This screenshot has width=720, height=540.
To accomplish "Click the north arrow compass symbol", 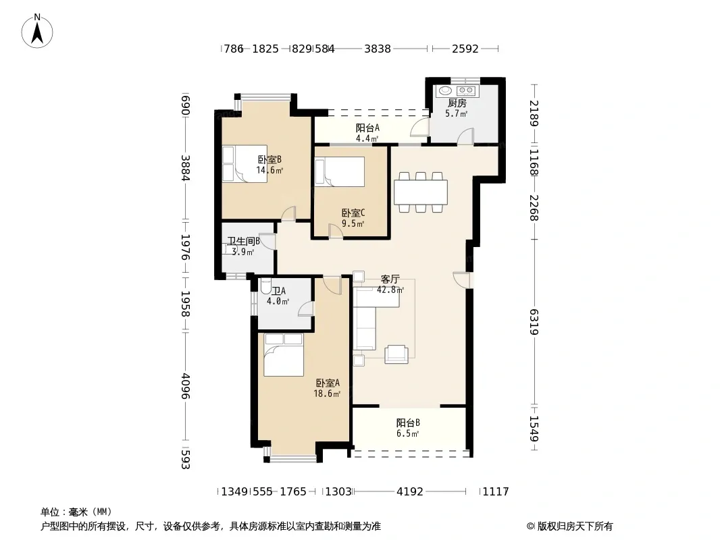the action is tap(37, 31).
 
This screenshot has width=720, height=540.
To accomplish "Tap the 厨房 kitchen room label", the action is tap(457, 103).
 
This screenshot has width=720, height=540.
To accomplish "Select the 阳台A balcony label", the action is tap(367, 128).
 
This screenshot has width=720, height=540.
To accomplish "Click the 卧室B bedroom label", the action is tap(269, 160).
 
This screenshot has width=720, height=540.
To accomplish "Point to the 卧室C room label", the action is tap(353, 213).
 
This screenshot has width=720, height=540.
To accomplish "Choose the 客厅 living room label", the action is tap(390, 279).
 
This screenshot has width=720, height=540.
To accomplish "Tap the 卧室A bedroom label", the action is tap(328, 383).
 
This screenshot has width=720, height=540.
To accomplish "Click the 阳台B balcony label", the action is tap(408, 423).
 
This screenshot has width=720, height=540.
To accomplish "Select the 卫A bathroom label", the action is tap(279, 291).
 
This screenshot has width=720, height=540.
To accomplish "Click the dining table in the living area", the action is tap(421, 192).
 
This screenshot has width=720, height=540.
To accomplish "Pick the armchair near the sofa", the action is tap(396, 354).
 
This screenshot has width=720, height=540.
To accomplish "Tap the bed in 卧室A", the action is tap(284, 354).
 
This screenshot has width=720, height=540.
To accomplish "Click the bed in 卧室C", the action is tap(339, 171).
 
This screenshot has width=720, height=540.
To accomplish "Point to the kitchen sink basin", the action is tap(445, 90).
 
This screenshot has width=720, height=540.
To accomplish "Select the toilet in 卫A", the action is tap(265, 287).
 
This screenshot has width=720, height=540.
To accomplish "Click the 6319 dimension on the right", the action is tap(534, 322).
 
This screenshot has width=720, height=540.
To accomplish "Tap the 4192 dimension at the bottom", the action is tap(409, 491).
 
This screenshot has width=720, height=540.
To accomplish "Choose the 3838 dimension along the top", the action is tap(378, 49).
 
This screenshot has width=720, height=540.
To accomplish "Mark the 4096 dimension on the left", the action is tap(185, 385).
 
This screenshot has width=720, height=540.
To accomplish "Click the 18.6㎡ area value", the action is tap(327, 394).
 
